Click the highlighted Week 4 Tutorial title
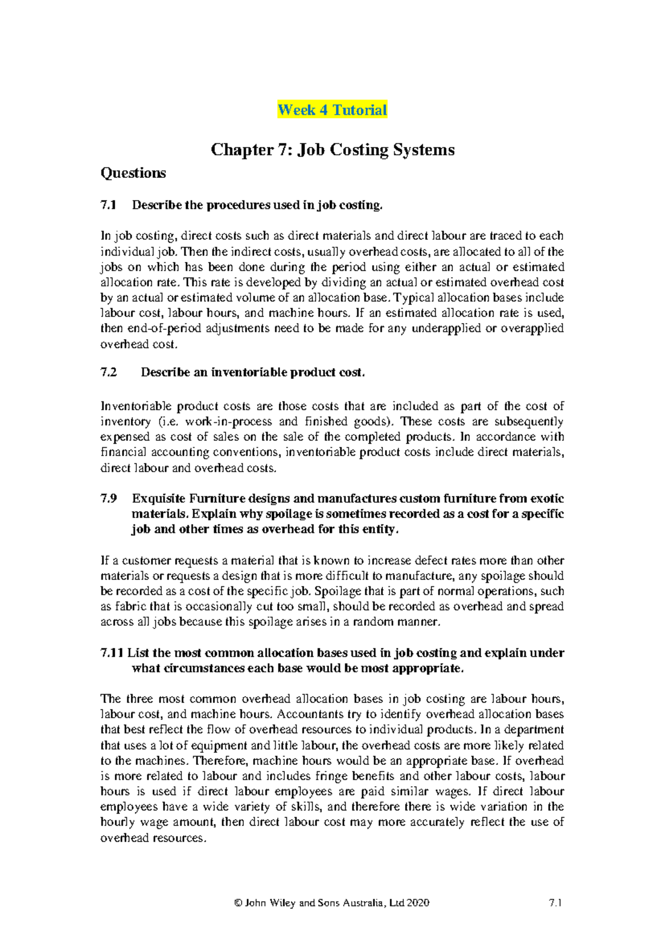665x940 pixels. (332, 110)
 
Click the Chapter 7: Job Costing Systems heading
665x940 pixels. (332, 150)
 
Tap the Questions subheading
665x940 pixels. (133, 173)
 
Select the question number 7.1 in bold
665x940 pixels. (109, 205)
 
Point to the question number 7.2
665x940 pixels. (109, 372)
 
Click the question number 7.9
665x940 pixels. (109, 498)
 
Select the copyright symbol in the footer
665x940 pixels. (238, 903)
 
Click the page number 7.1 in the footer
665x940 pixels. (555, 903)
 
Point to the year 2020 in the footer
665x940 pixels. (418, 903)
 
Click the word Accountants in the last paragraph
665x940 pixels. (310, 714)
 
